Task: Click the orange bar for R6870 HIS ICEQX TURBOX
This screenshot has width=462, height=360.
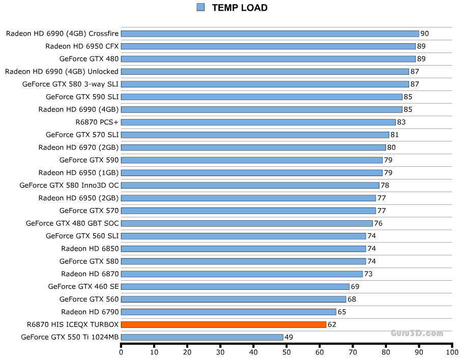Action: pos(223,324)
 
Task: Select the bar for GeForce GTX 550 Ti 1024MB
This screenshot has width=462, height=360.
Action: pos(202,337)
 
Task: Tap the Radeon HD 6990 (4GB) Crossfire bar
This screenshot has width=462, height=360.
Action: pos(270,34)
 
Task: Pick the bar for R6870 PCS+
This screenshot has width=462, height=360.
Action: pos(258,122)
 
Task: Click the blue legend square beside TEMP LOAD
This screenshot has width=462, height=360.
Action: pos(200,7)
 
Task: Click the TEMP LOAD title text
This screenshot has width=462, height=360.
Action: pos(240,8)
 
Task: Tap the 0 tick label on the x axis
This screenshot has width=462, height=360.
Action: pos(121,351)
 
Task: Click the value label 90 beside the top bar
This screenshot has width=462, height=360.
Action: pos(425,34)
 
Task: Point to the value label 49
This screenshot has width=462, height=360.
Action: pos(289,337)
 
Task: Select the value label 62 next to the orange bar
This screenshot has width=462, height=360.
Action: pos(332,324)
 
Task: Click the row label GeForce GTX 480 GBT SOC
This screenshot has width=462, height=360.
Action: pos(72,223)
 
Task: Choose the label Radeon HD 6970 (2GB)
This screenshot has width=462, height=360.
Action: pos(78,147)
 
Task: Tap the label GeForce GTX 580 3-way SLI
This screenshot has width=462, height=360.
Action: pos(70,84)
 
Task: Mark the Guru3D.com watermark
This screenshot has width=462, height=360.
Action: pos(417,334)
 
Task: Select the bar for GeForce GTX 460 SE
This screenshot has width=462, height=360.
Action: pos(235,287)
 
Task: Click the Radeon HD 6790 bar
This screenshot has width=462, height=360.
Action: pos(228,312)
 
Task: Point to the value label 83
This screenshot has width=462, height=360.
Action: pos(401,122)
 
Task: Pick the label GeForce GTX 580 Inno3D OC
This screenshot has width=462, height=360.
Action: pos(69,185)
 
